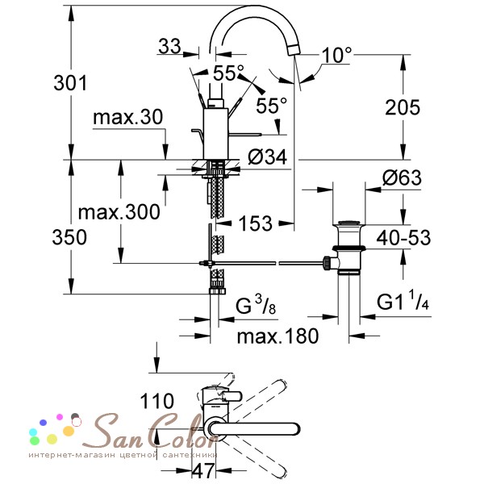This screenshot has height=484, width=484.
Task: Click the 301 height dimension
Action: click(70, 83)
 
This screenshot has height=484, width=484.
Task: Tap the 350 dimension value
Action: click(69, 237)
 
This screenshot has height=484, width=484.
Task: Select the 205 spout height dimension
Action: click(403, 107)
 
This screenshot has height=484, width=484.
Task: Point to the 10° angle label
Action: click(336, 55)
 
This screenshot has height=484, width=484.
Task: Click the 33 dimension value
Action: click(169, 46)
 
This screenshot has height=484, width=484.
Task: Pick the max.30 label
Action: click(127, 117)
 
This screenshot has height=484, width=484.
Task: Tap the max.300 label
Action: click(119, 212)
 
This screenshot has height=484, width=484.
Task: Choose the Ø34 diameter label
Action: click(267, 156)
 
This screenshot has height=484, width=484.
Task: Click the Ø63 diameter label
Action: click(402, 177)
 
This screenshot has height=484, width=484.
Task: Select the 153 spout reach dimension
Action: click(256, 223)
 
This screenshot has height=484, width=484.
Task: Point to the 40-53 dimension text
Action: click(403, 238)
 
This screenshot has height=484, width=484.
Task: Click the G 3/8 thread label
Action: click(256, 305)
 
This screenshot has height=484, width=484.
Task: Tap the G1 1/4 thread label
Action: click(403, 300)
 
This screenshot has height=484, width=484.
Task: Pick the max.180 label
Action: click(277, 336)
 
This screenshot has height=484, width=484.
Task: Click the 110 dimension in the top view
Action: click(156, 401)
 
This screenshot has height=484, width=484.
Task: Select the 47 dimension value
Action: click(203, 470)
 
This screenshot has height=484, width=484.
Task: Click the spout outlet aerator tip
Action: click(294, 50)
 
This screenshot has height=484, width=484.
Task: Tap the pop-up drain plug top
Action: click(348, 223)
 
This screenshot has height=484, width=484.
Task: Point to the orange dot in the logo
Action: click(69, 431)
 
